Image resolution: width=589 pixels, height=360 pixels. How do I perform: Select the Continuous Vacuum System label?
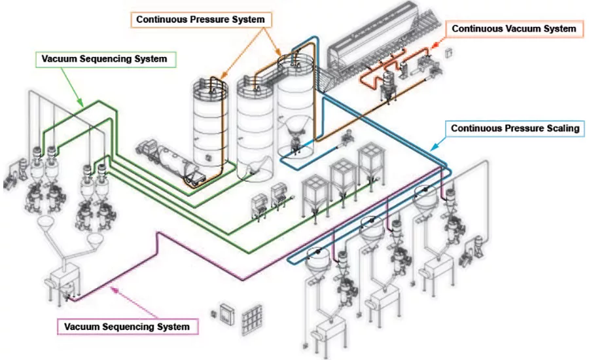click(x=514, y=29)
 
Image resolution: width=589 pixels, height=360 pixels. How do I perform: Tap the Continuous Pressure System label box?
click(x=200, y=20)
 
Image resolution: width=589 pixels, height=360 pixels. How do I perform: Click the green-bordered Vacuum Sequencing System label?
click(x=105, y=59)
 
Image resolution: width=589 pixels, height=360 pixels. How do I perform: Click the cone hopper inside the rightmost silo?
click(x=298, y=131)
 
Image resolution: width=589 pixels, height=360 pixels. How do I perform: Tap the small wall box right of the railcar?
click(x=448, y=53)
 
